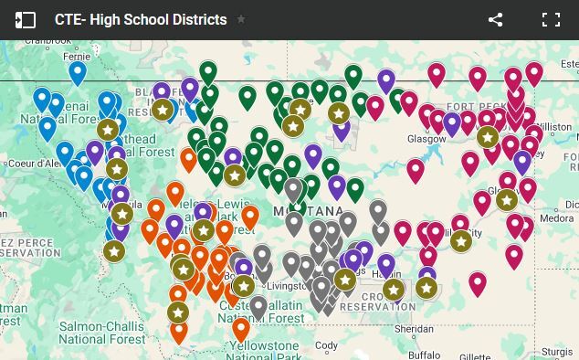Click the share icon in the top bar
coord(496,19)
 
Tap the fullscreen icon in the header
coord(550,19)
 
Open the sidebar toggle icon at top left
coord(25,19)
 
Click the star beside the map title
coord(241,19)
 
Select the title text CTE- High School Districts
coord(141,19)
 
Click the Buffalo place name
coord(424,354)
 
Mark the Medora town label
coord(558,218)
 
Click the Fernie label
coord(77,55)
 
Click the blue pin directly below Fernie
coord(78,71)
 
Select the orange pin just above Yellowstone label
coord(241,328)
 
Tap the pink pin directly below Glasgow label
coord(416,169)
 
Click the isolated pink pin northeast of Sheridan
coord(478,282)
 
